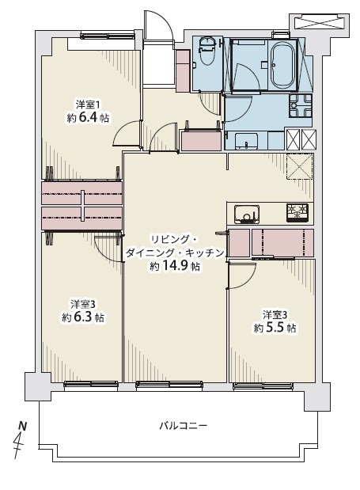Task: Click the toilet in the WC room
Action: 206,51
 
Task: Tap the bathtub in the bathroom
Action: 282,66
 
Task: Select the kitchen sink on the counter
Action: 247,215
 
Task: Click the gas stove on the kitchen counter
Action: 297,213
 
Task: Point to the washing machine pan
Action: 301,105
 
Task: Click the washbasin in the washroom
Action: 246,141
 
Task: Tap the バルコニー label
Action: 184,426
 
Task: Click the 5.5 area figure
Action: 275,328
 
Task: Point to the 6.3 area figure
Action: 82,317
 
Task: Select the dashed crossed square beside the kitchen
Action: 299,166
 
